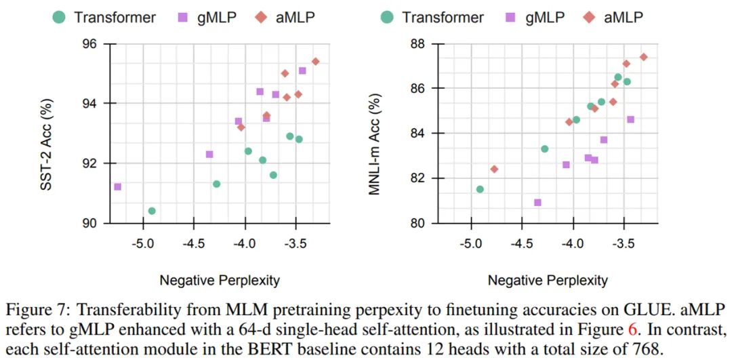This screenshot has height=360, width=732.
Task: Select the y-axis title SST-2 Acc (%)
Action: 50,133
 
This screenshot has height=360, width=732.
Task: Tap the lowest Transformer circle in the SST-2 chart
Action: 152,211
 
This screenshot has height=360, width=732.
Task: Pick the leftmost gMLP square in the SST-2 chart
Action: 117,186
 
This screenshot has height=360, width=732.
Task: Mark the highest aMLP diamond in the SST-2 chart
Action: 315,61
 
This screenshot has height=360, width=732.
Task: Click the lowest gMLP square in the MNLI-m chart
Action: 537,202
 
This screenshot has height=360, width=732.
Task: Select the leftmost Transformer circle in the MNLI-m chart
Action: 480,189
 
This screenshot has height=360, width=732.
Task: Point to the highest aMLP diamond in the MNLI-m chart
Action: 643,57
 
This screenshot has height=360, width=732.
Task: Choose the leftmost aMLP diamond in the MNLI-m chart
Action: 494,169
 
